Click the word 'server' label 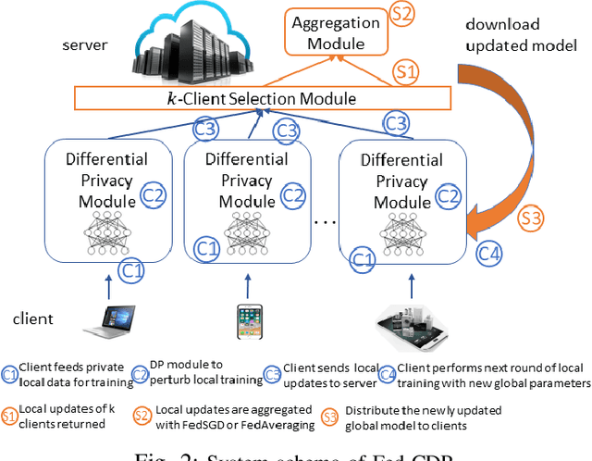(x=84, y=44)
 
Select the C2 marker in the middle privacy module (x=292, y=195)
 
